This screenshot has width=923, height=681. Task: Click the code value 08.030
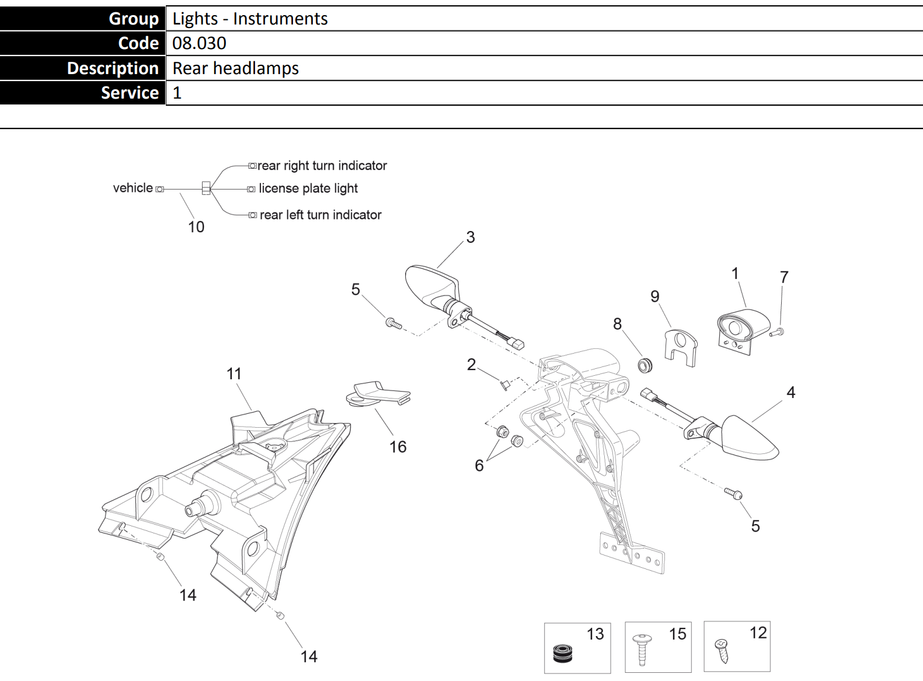(x=199, y=43)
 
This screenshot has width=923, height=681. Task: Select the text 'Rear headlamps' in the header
(x=235, y=68)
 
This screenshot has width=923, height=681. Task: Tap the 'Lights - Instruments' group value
(x=250, y=19)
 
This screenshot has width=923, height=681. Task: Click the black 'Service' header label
(x=130, y=93)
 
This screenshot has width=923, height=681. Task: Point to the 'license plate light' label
(x=308, y=188)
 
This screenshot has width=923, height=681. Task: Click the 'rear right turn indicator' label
(x=322, y=166)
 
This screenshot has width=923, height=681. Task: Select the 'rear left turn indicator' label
(x=320, y=215)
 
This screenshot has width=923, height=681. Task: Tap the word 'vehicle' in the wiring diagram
(x=133, y=188)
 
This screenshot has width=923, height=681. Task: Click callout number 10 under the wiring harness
(x=196, y=227)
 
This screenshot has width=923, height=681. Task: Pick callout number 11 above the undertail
(x=234, y=373)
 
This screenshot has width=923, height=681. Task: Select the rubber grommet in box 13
(x=563, y=652)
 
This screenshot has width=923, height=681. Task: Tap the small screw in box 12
(x=722, y=650)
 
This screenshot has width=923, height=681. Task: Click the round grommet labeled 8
(x=645, y=366)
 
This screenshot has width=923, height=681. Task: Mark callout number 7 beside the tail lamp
(x=784, y=277)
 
